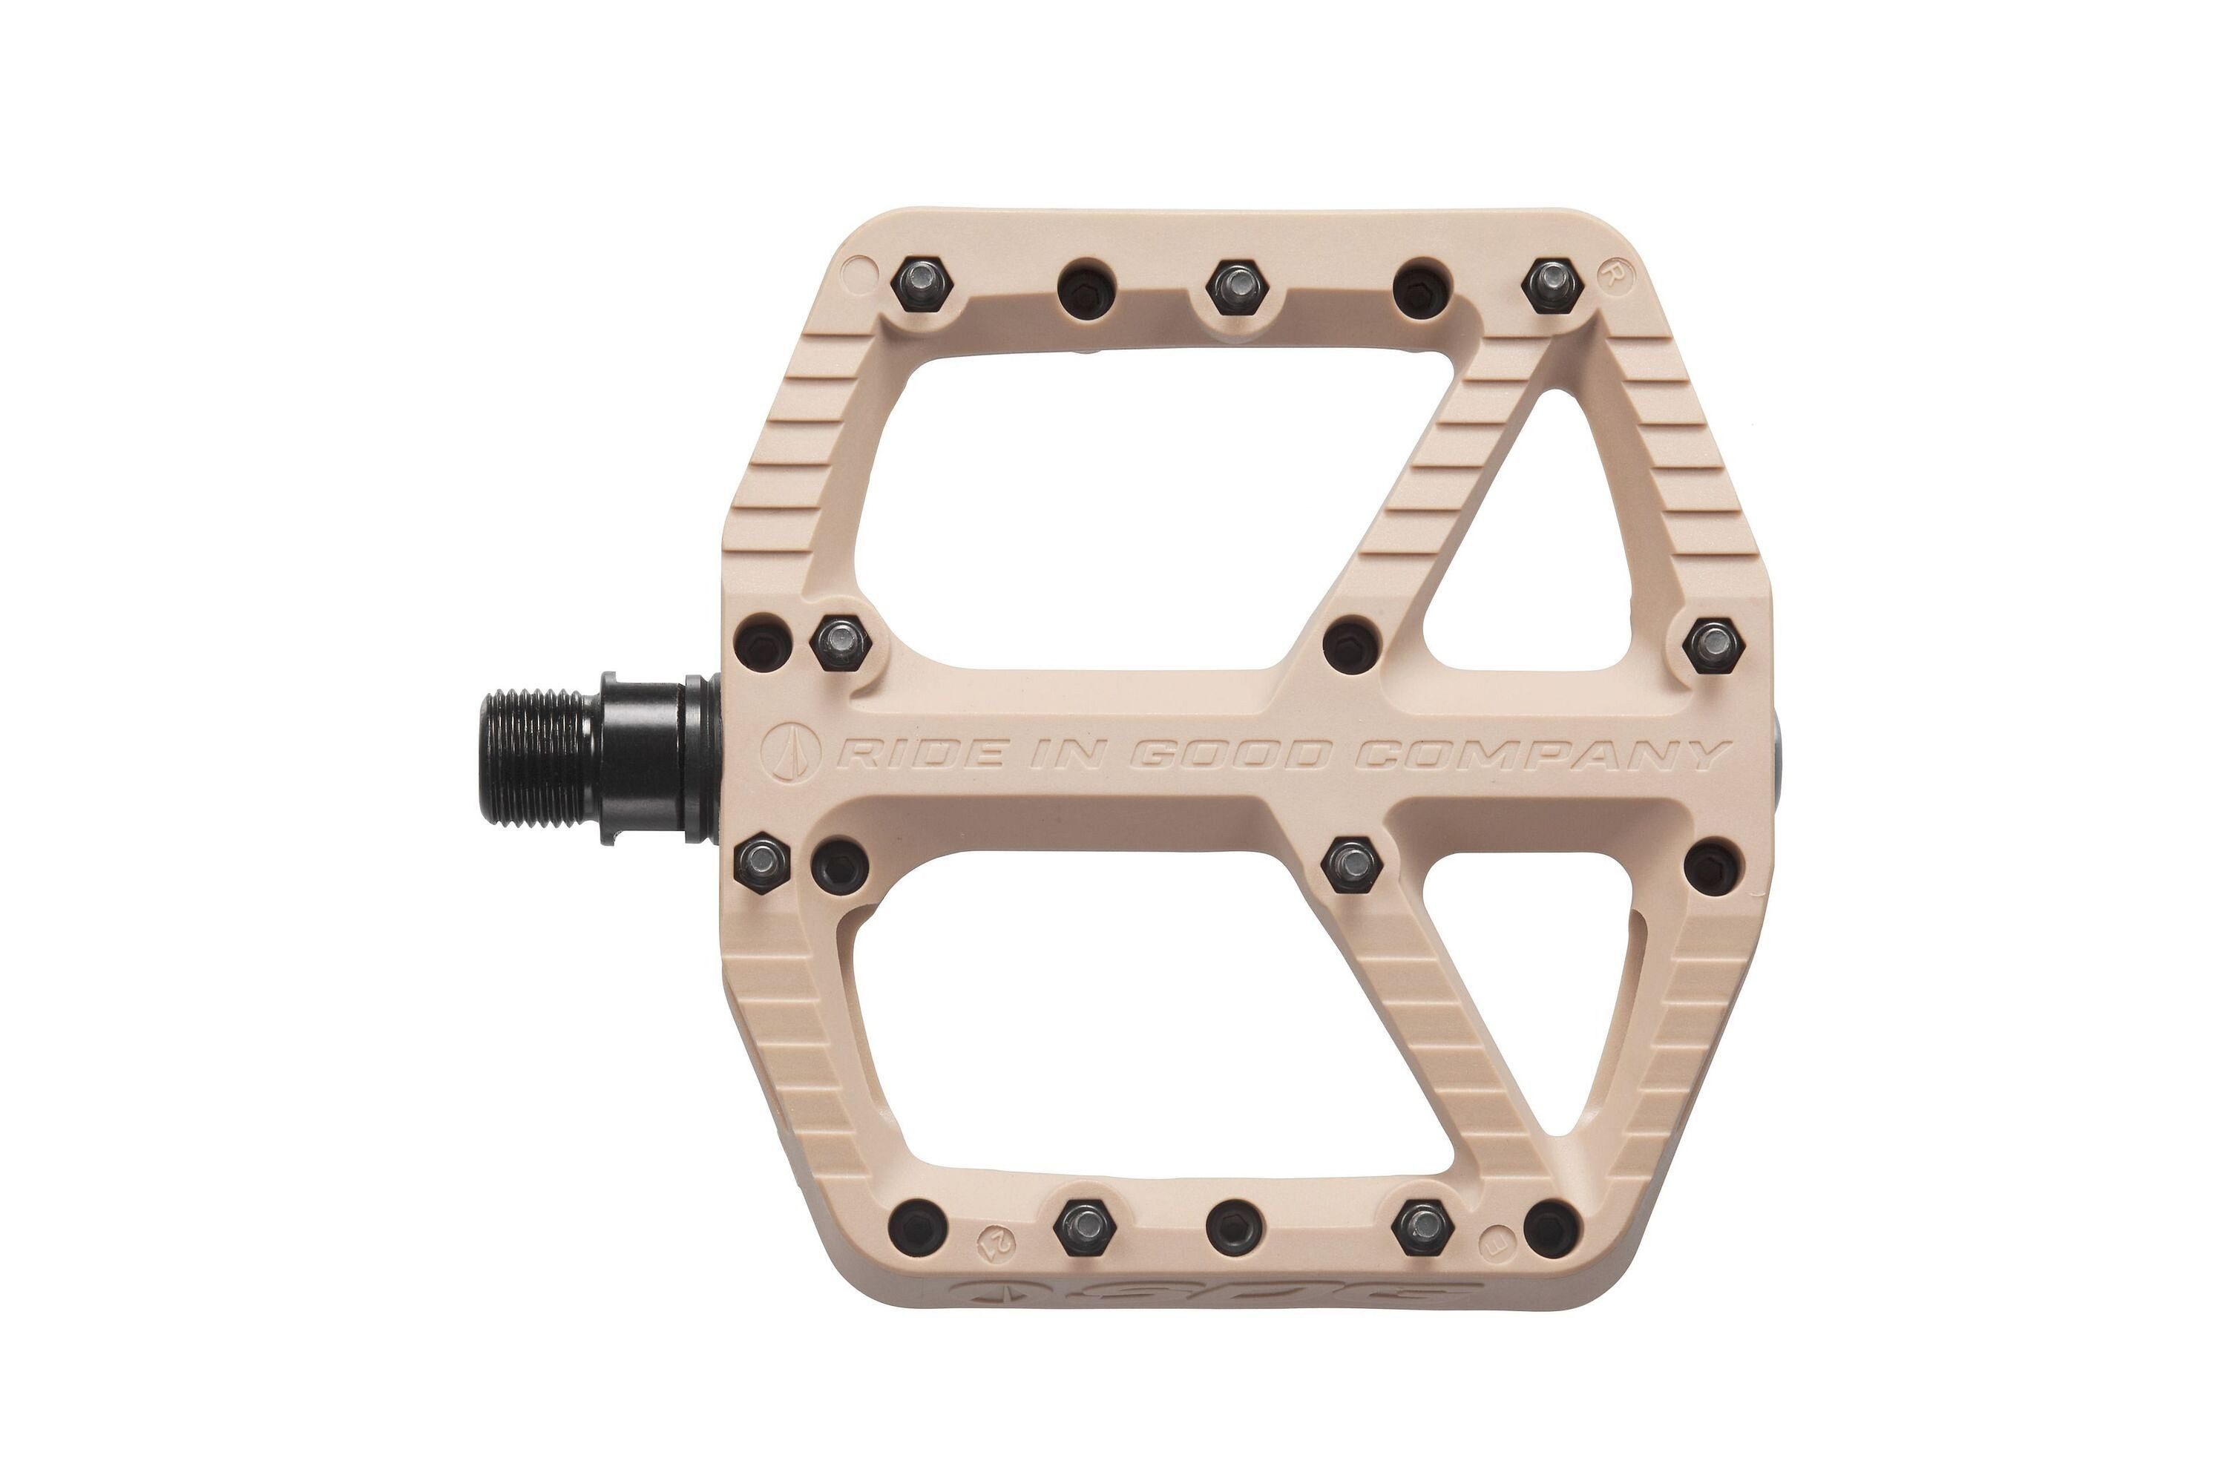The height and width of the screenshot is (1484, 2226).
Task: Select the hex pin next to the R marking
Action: [1552, 282]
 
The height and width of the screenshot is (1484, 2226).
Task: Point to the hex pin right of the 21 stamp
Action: [1086, 1226]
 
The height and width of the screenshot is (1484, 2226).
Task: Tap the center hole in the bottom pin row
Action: [1235, 1226]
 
